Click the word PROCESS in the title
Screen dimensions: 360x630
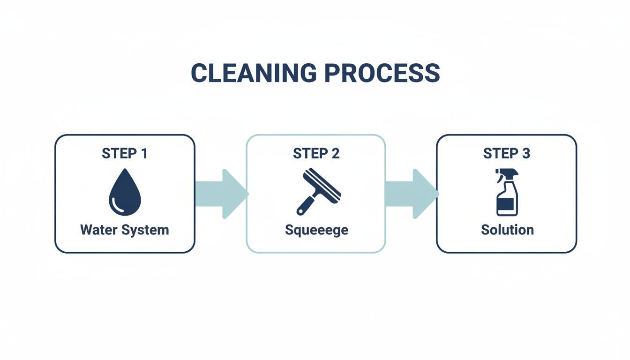tap(382, 74)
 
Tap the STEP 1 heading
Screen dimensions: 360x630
tap(125, 153)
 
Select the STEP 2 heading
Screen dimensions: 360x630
tap(316, 153)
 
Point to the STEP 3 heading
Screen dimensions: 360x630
tap(506, 153)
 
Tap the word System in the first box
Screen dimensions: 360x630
tap(145, 230)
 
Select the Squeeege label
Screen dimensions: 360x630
tap(316, 230)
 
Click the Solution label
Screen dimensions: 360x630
tap(507, 230)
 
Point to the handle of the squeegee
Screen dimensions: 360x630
tap(305, 205)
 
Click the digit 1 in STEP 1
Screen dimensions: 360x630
tap(143, 153)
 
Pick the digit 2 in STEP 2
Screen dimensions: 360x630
tap(335, 153)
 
